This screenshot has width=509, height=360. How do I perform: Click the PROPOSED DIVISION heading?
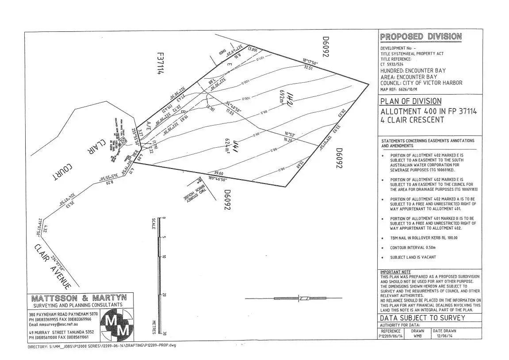tap(421, 37)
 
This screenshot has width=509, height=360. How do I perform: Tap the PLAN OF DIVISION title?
tap(410, 101)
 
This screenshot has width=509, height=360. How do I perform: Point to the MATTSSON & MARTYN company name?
tap(79, 298)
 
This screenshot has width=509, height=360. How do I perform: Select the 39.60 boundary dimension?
tap(218, 173)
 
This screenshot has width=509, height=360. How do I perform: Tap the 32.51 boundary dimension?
tap(308, 68)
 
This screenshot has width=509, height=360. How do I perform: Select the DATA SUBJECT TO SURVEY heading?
tap(422, 318)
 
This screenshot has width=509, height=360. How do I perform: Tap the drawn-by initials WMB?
tap(417, 336)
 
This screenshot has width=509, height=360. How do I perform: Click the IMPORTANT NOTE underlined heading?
tap(395, 272)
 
